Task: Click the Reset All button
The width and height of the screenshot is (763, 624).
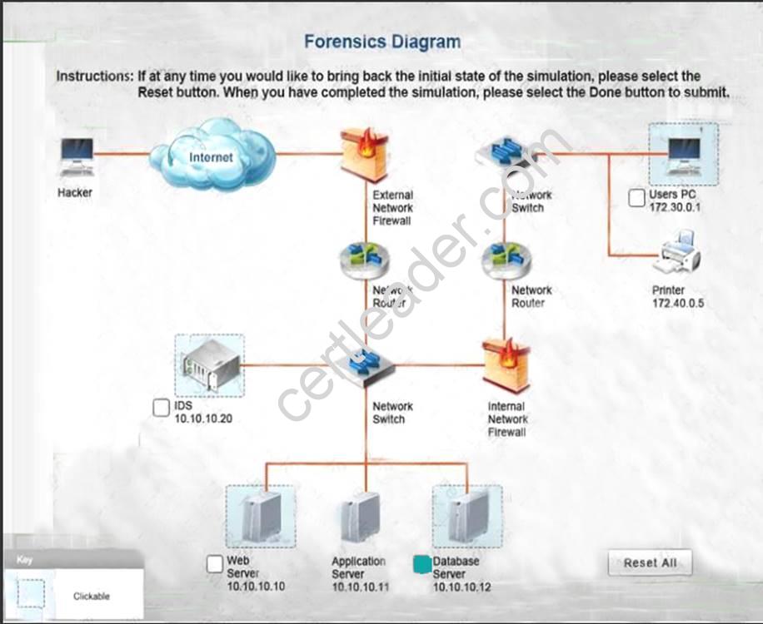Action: pyautogui.click(x=650, y=563)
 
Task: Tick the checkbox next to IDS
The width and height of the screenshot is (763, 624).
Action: pyautogui.click(x=162, y=408)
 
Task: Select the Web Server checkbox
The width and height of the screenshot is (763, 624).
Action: pyautogui.click(x=215, y=564)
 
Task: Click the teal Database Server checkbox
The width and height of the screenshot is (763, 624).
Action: pyautogui.click(x=421, y=564)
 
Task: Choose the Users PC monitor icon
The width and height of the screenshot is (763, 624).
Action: pyautogui.click(x=682, y=154)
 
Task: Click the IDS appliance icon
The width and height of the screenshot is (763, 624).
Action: pyautogui.click(x=209, y=364)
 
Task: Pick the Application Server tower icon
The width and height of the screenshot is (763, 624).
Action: pyautogui.click(x=360, y=519)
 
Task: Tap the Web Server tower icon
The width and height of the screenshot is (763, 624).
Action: pyautogui.click(x=261, y=517)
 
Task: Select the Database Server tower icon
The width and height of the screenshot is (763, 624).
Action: pyautogui.click(x=466, y=517)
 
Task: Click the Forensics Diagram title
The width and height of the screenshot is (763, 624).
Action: pyautogui.click(x=381, y=41)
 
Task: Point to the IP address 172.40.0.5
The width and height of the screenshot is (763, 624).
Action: pyautogui.click(x=677, y=304)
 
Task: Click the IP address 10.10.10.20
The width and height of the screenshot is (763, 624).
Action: pyautogui.click(x=203, y=418)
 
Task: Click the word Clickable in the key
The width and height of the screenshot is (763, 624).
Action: pyautogui.click(x=91, y=596)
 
